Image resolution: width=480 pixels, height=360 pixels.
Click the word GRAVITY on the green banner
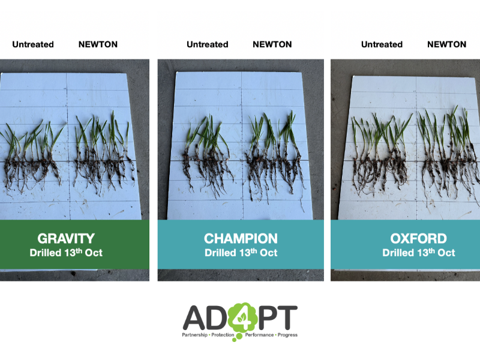coord(66,238)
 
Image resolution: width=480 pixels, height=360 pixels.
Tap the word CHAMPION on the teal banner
coord(241,238)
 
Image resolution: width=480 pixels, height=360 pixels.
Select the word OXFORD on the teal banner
coord(418,238)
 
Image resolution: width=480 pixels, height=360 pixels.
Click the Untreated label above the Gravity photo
coord(33,44)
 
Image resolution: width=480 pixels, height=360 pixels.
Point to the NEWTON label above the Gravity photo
coord(98,44)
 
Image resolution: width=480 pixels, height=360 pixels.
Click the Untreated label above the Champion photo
coord(208,44)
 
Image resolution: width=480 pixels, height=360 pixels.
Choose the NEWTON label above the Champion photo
coord(272,44)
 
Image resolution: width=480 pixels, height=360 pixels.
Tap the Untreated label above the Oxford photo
coord(382,44)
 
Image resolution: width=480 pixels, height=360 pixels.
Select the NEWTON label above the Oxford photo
coord(446,44)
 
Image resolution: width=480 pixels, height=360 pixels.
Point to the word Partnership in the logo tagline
coord(194,335)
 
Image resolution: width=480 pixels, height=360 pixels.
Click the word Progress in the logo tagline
coord(287,335)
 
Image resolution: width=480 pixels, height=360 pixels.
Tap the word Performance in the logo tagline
coord(259,335)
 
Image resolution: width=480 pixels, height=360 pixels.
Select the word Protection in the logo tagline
coord(223,335)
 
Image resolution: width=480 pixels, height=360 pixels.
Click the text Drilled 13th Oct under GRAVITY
coord(66,253)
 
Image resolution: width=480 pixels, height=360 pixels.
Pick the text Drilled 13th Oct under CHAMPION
coord(241,253)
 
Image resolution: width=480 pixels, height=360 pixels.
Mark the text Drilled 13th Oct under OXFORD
coord(418,253)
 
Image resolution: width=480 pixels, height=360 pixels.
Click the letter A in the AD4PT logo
coord(194,317)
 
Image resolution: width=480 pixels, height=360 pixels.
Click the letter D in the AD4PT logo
coord(217,317)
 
